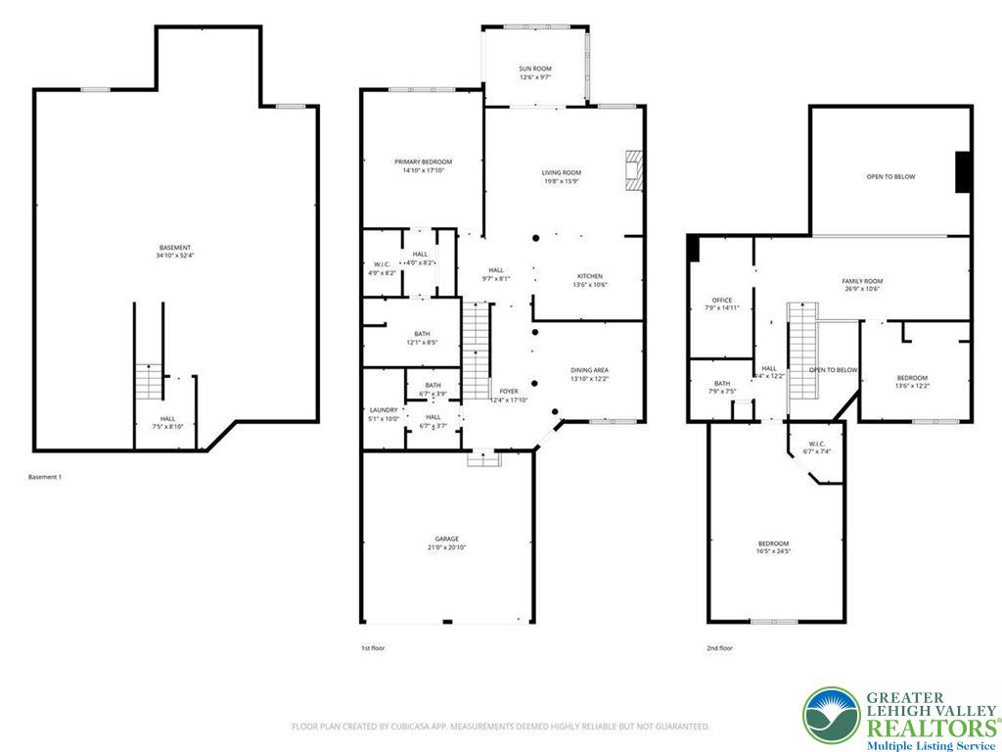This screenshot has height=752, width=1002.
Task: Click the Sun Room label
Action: [535, 69]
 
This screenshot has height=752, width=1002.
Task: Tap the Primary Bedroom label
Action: [424, 162]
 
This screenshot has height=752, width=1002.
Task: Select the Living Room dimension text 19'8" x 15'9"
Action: [562, 181]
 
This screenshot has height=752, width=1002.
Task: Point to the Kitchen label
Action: [589, 276]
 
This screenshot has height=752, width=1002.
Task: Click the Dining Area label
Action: [590, 370]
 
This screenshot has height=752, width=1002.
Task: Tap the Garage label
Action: [447, 539]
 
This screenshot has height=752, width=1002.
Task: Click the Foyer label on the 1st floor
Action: [509, 391]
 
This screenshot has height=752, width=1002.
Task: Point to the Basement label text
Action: [175, 247]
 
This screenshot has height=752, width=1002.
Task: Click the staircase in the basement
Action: [149, 380]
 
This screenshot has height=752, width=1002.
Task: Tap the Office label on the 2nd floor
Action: [722, 300]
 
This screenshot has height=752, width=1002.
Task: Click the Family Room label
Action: [862, 281]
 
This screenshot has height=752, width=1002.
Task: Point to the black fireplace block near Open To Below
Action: [963, 172]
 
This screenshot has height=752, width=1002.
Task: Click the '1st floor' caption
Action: [373, 648]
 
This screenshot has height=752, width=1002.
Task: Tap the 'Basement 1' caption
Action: [45, 477]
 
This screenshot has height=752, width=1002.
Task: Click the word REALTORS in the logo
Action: [927, 728]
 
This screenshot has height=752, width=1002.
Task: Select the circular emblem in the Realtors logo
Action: [831, 716]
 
